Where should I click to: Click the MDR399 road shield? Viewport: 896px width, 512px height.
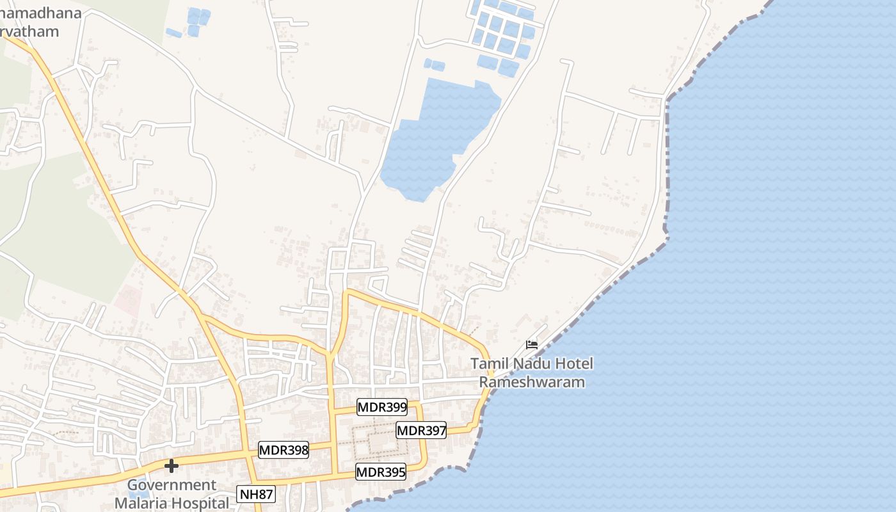click(x=382, y=407)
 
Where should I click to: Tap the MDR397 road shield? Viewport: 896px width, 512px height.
click(x=421, y=431)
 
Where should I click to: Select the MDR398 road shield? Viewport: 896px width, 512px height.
click(x=284, y=451)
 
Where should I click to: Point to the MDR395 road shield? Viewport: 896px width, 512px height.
click(x=381, y=472)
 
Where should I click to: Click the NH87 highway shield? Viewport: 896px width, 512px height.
click(x=256, y=494)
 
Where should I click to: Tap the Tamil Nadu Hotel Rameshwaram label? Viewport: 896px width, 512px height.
click(x=532, y=373)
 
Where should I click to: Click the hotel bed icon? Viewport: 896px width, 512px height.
click(x=532, y=344)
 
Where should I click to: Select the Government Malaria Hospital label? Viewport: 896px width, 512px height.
click(x=172, y=494)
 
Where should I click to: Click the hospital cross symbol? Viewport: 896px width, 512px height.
click(x=172, y=466)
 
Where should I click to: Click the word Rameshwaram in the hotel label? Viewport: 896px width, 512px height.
click(x=532, y=383)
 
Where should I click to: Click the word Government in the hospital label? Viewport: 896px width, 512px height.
click(x=172, y=485)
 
